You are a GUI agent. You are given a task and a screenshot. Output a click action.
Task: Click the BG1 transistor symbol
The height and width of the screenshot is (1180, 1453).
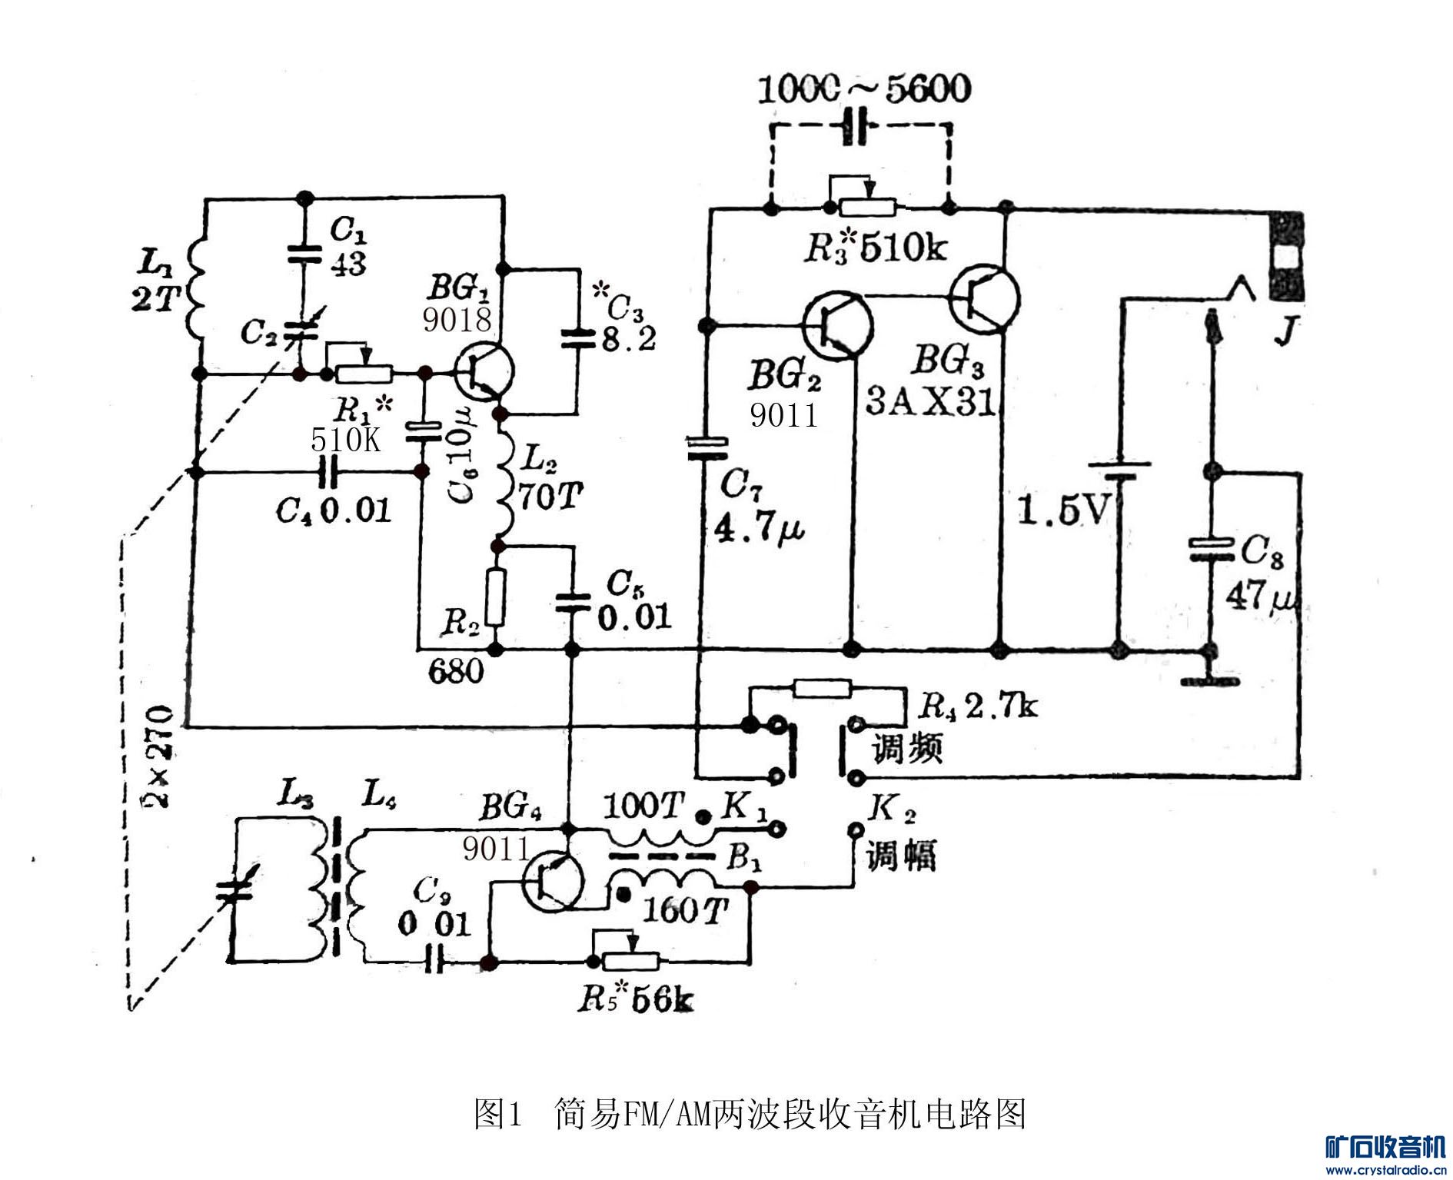click(483, 372)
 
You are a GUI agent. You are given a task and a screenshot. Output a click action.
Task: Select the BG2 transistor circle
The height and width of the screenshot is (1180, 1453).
click(837, 325)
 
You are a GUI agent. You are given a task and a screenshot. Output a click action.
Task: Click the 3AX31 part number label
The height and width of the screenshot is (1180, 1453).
click(930, 401)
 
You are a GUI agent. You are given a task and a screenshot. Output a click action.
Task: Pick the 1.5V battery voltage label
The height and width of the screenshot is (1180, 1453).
click(1064, 509)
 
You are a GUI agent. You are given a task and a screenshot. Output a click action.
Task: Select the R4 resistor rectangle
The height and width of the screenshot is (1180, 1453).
click(822, 687)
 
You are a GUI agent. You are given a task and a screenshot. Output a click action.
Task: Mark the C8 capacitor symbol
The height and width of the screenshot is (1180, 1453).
click(1212, 549)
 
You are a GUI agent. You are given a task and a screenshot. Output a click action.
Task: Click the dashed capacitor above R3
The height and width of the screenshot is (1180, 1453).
click(859, 127)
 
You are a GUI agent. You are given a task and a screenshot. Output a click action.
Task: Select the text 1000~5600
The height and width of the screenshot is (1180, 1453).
click(863, 89)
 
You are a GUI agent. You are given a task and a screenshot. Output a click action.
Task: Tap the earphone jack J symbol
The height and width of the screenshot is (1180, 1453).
click(1285, 258)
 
